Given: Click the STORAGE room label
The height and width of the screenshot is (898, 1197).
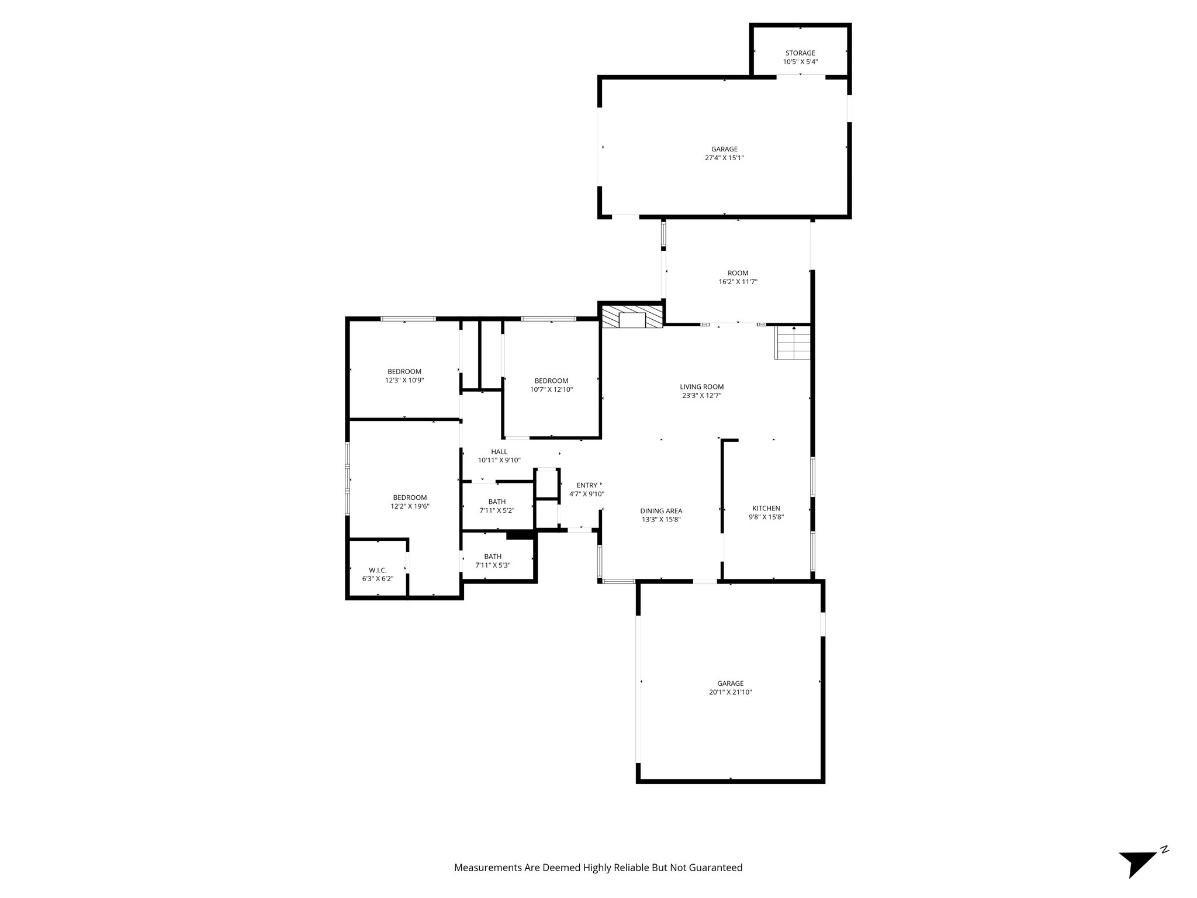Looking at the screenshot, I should [x=800, y=53].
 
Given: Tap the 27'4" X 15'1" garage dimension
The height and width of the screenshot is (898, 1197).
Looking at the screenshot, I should [x=724, y=158].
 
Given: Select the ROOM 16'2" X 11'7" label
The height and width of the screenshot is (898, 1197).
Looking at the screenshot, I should [x=738, y=277].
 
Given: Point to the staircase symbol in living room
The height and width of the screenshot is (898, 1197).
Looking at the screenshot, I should [x=793, y=343].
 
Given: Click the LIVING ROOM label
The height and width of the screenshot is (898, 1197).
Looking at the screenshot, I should [x=701, y=386].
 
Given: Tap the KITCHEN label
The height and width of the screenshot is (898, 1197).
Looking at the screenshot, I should [x=766, y=509].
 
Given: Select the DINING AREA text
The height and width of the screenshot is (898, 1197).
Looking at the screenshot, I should [x=661, y=511].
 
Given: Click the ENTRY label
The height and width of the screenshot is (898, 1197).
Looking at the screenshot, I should [x=587, y=485].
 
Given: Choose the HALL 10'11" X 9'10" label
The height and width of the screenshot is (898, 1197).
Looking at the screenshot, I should [x=499, y=456].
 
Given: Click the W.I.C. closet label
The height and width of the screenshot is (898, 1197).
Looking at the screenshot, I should [x=378, y=570].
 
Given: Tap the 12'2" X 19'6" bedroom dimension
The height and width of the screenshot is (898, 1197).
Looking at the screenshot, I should [x=410, y=506].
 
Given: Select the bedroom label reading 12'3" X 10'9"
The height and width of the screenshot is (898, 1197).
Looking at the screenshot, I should [x=404, y=376].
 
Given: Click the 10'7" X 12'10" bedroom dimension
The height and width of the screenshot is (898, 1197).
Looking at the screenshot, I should [x=551, y=389].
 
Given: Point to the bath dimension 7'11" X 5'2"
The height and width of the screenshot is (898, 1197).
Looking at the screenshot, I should [x=497, y=510].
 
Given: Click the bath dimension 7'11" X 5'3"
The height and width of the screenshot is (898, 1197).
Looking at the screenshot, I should [x=493, y=565].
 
